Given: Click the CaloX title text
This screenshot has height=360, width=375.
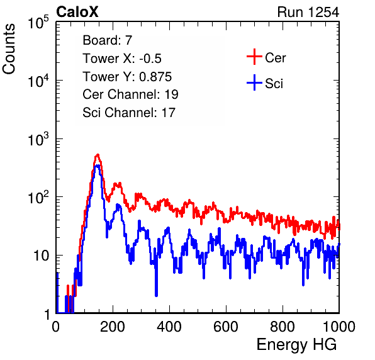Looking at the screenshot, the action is [x=77, y=12].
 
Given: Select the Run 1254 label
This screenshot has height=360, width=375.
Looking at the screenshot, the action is [x=308, y=12].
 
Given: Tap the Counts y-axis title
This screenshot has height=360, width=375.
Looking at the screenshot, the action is [x=9, y=49].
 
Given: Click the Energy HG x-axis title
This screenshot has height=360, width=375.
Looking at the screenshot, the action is [x=296, y=345].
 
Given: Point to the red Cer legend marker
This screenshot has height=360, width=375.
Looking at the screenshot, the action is [x=254, y=57].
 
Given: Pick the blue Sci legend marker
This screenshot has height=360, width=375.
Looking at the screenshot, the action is [x=254, y=83].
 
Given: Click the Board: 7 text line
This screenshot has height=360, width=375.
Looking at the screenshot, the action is [x=108, y=40].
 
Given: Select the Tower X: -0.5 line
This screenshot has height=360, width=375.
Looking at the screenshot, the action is [x=122, y=59].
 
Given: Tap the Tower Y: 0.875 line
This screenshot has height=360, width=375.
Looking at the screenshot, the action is [x=127, y=77].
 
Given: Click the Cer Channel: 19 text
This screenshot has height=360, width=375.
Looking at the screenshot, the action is [x=131, y=94].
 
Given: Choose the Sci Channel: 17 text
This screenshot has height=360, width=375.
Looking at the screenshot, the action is [x=129, y=113].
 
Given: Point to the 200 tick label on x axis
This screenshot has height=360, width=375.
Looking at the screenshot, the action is [x=113, y=327].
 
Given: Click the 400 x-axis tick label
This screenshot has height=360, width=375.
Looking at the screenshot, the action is [x=169, y=327].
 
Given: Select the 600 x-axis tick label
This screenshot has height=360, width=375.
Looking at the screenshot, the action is [x=226, y=327].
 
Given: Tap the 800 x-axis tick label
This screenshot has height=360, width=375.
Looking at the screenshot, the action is [x=283, y=327].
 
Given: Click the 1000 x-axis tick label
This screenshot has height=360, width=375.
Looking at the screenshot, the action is [x=339, y=327].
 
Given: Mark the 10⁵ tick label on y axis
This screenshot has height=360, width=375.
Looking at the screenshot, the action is [x=38, y=23].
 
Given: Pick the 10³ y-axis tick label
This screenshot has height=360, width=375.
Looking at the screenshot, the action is [x=38, y=140].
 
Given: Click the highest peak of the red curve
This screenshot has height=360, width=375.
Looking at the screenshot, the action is [x=98, y=155].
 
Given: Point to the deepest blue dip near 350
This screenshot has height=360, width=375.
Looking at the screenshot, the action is [x=156, y=295].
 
